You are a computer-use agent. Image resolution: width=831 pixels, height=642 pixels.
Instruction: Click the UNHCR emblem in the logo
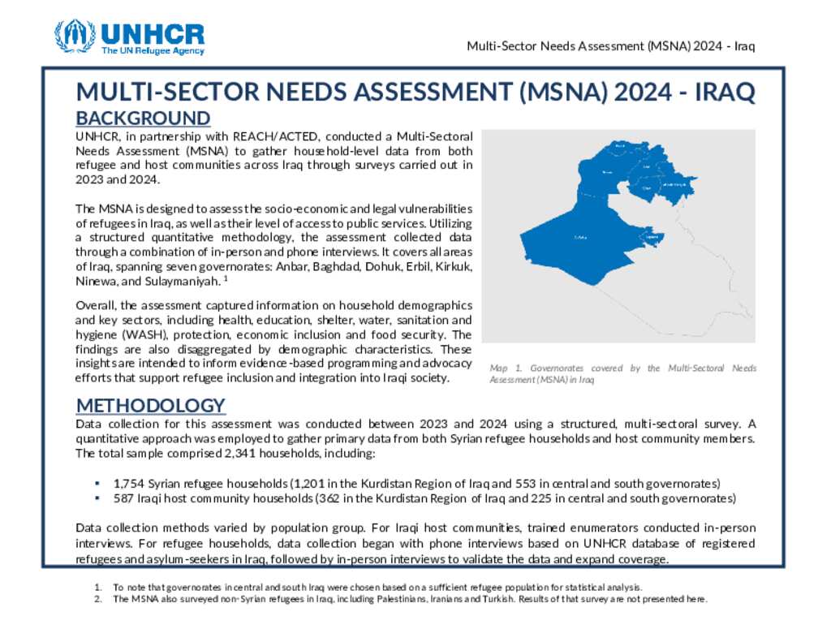pos(75,37)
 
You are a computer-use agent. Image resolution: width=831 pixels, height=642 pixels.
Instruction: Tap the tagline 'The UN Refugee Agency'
pos(153,51)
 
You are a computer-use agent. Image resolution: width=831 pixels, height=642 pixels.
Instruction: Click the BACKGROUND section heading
pos(143,118)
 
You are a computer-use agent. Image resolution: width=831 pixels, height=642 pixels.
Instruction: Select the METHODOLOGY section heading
pos(150,405)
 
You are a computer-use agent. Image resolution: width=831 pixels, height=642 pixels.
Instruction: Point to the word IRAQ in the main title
pos(728,93)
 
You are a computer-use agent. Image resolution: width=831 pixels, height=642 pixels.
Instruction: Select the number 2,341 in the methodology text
pos(231,454)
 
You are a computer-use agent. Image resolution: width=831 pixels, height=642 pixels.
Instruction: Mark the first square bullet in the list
pos(97,482)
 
